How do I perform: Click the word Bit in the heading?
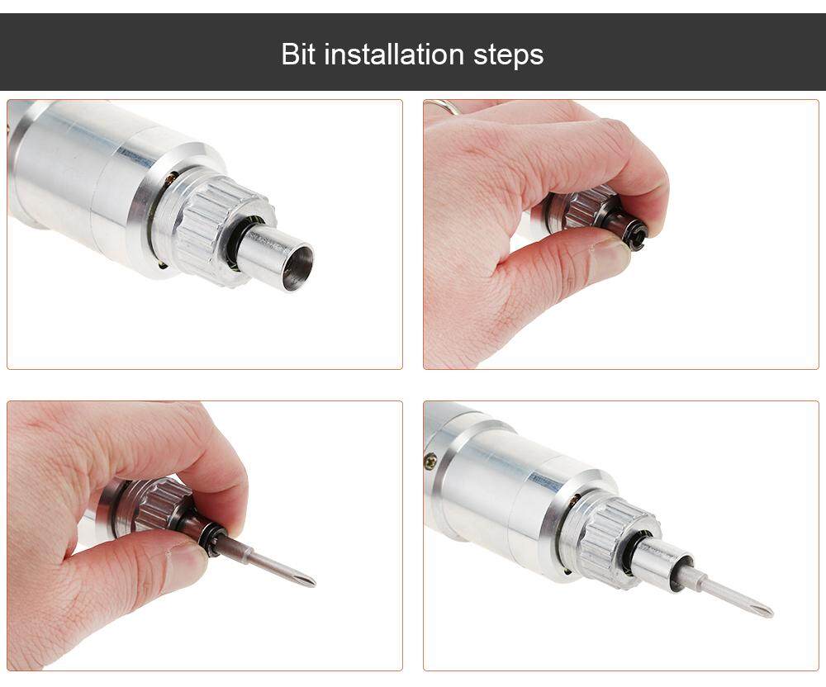tap(298, 54)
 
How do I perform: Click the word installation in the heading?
tap(393, 54)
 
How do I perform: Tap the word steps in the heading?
tap(508, 56)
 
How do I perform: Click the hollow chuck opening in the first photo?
tap(297, 267)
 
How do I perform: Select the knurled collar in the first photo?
tap(221, 232)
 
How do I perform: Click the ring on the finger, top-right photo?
tap(441, 107)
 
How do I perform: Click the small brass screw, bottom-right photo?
tap(430, 461)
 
